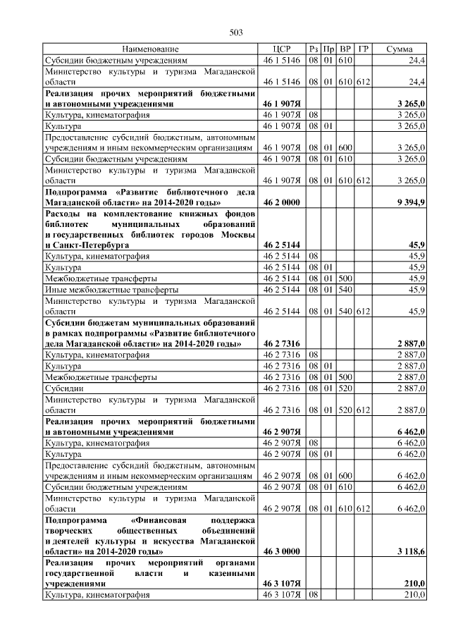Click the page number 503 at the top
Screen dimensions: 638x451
coord(236,32)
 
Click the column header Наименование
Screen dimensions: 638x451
coord(150,49)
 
